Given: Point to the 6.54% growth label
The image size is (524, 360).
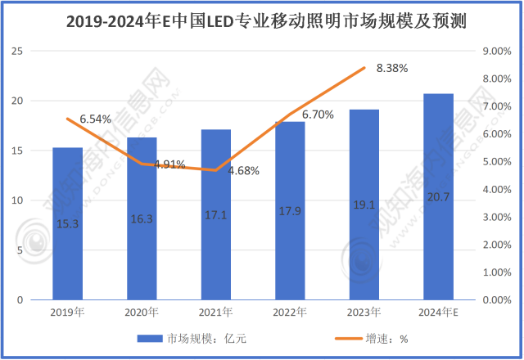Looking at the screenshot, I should tap(95, 119).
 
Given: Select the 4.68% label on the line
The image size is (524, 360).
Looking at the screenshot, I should tap(244, 171).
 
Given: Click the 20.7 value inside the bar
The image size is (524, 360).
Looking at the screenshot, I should tap(438, 222).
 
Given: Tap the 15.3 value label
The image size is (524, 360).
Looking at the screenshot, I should tap(68, 223).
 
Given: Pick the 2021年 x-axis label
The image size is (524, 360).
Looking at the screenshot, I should tap(216, 312).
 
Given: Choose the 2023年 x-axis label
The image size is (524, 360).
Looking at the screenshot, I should tap(364, 312).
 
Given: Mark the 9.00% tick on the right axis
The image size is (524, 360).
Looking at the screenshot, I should tap(497, 52).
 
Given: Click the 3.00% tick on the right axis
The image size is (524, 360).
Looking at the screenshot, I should tap(497, 218).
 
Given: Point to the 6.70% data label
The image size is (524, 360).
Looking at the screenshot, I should tap(318, 115).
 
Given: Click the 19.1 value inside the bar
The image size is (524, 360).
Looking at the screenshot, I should tap(364, 222).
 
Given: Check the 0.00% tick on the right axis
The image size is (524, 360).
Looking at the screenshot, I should tap(497, 300).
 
